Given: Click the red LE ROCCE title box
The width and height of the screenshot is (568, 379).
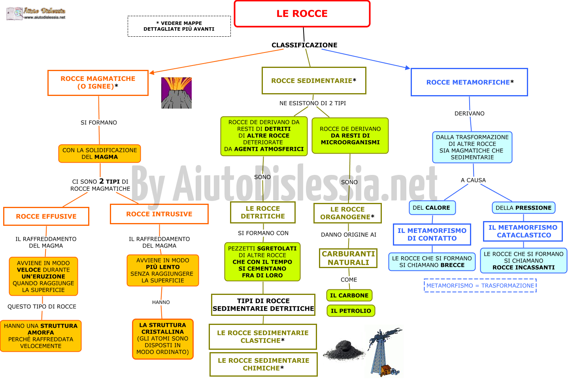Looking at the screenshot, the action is point(302,14).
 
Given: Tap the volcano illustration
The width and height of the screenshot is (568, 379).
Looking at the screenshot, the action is point(176,93).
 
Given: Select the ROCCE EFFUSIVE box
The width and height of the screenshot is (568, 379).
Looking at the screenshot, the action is point(46,216).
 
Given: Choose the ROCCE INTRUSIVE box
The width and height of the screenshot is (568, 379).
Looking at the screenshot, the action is point(159,214).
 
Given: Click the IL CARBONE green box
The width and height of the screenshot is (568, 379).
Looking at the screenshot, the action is point(349,295).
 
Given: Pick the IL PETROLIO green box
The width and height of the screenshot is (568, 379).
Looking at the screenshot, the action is point(351,311).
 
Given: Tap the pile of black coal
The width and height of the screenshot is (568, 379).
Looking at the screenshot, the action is point(344,350).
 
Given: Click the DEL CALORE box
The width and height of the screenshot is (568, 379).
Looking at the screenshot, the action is point(432,208).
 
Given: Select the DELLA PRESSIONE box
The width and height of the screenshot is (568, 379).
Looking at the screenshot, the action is point(524,208).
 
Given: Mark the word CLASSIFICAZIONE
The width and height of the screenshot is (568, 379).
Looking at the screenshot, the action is point(304,45).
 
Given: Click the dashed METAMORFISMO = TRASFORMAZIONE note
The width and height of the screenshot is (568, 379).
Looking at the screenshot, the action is point(480,285).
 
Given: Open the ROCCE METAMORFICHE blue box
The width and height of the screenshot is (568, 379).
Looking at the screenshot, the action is point(469,82).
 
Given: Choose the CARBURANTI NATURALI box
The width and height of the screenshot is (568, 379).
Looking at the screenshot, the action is point(348,258).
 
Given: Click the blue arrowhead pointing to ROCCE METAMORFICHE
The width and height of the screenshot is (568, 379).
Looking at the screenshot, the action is point(408,68).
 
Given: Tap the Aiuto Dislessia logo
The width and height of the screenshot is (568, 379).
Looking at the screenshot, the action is point(36,13).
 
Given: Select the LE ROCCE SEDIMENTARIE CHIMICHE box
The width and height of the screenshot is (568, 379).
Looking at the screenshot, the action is point(264,364).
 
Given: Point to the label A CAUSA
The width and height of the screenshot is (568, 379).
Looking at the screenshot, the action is point(473,180).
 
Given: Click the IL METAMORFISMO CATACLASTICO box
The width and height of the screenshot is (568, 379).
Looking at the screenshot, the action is point(523,231).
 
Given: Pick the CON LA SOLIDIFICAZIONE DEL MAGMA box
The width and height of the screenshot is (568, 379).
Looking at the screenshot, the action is point(100,154).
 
